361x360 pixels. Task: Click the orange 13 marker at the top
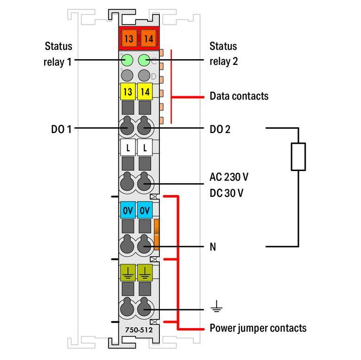point(128,39)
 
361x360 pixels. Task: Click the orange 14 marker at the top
point(148,39)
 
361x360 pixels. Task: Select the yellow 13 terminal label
point(128,92)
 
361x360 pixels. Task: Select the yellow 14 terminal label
point(145,92)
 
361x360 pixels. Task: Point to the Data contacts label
point(239,96)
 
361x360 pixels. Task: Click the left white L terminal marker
point(128,148)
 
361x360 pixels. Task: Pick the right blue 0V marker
point(145,211)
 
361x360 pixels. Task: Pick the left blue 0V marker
point(128,211)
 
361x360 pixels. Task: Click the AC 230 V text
point(229,177)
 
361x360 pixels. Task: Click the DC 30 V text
point(227,193)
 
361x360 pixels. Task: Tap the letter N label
point(213,246)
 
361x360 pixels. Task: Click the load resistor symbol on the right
point(298,157)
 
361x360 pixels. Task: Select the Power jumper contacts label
point(258,328)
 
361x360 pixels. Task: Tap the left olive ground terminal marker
point(128,272)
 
